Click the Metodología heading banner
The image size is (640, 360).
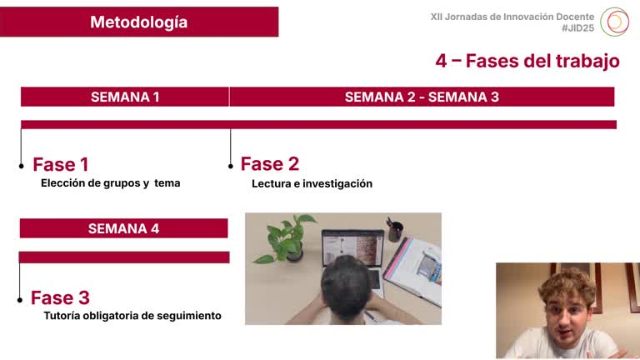(x=139, y=22)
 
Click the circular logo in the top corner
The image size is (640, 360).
(x=615, y=21)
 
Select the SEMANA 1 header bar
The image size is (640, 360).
(x=125, y=97)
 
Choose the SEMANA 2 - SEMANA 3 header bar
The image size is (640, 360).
(x=422, y=97)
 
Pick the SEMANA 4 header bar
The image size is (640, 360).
(x=123, y=228)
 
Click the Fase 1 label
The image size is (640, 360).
(x=61, y=164)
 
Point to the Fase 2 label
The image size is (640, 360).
(x=270, y=164)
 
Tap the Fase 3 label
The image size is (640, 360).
(x=60, y=297)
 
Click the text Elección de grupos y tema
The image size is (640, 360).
(x=110, y=183)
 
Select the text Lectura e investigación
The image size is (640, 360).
(x=312, y=183)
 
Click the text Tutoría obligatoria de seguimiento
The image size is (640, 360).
(x=132, y=316)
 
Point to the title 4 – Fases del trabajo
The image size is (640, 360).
(x=527, y=61)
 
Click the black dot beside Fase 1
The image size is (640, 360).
(x=22, y=167)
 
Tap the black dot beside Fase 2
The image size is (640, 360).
(x=231, y=167)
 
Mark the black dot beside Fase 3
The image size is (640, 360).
(x=20, y=299)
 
